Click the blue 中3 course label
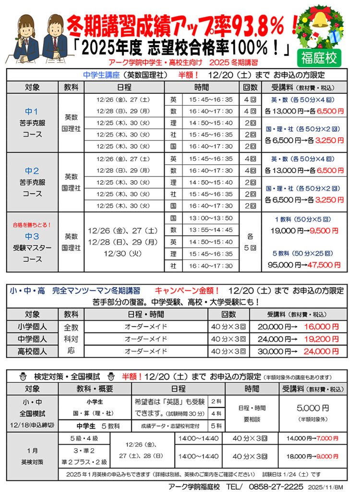click(32, 236)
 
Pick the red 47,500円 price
click(325, 264)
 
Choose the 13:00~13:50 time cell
click(211, 219)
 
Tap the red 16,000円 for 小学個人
click(322, 326)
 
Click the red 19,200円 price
click(322, 339)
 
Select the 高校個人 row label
click(32, 351)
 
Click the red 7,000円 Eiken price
click(328, 438)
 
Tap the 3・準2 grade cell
click(84, 450)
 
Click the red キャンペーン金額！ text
click(187, 291)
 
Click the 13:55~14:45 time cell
click(211, 230)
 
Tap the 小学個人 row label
click(32, 327)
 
